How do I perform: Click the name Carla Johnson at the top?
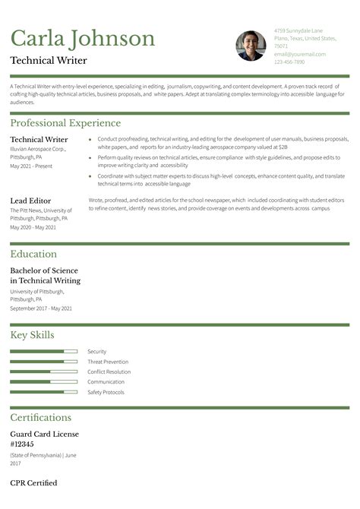tap(83, 38)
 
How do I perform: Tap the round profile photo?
tap(250, 46)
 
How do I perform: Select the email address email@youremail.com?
tap(299, 54)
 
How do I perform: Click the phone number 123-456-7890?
tap(289, 62)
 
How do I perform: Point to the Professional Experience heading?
tap(65, 123)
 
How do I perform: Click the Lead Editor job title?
tap(30, 200)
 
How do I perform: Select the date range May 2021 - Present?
tap(31, 166)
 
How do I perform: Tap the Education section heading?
tap(33, 254)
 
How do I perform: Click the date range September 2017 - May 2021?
tap(41, 308)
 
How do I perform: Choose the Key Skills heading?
tap(32, 335)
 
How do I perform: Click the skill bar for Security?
tap(43, 351)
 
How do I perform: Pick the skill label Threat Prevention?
tap(108, 362)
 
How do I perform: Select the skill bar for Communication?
tap(43, 381)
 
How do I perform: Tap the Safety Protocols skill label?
tap(106, 392)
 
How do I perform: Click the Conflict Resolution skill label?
tap(109, 371)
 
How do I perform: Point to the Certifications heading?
tap(40, 417)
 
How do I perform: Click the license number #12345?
tap(22, 444)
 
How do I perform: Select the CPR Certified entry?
tap(33, 482)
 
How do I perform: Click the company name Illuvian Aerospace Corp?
tap(38, 149)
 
